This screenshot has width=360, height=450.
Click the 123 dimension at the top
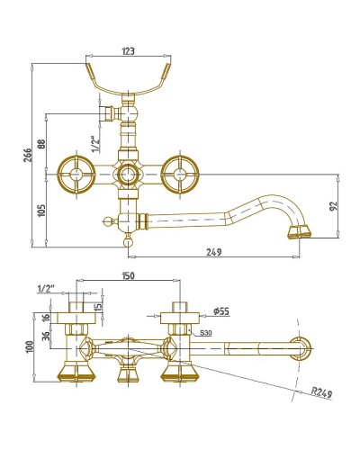tap(128, 51)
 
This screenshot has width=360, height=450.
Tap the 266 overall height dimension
tap(28, 155)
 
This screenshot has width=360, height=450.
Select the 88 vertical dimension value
tap(41, 144)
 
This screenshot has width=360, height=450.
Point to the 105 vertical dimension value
tap(41, 211)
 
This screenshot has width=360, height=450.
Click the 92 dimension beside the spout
tap(333, 206)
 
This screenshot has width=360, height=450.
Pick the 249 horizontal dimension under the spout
tap(214, 252)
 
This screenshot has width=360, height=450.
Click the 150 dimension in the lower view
tap(128, 275)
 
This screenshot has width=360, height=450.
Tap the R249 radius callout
tap(321, 392)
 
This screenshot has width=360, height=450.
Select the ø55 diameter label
tap(221, 311)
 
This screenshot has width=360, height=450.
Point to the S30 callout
tap(206, 333)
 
